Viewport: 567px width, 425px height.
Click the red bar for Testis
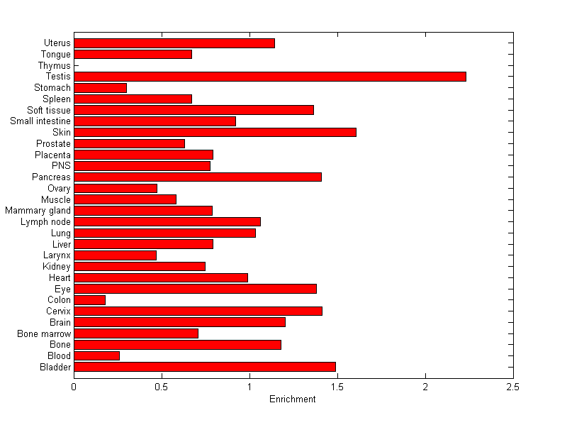[x=269, y=77]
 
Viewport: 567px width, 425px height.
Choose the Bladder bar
[x=204, y=367]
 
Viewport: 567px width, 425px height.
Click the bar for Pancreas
[x=197, y=177]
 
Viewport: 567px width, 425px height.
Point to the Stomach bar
[x=100, y=87]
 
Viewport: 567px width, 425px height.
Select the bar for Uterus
[x=174, y=43]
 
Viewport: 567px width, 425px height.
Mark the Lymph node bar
[x=167, y=221]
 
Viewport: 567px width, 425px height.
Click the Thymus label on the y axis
[x=55, y=66]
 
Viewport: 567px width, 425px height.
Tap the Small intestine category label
[x=40, y=121]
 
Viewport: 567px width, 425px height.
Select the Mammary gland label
[x=38, y=211]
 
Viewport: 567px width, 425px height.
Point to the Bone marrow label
[x=44, y=333]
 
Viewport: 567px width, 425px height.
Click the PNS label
[x=62, y=166]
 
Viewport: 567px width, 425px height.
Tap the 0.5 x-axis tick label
[x=162, y=387]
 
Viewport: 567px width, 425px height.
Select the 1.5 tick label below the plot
[x=337, y=387]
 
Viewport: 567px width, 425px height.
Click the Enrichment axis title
[x=292, y=399]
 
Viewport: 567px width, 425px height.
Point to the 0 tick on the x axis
[x=74, y=387]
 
